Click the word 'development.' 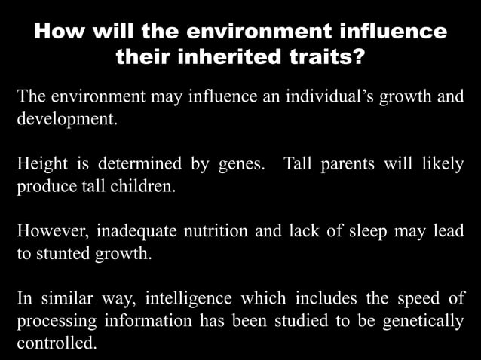coord(68,120)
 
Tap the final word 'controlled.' coord(57,343)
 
